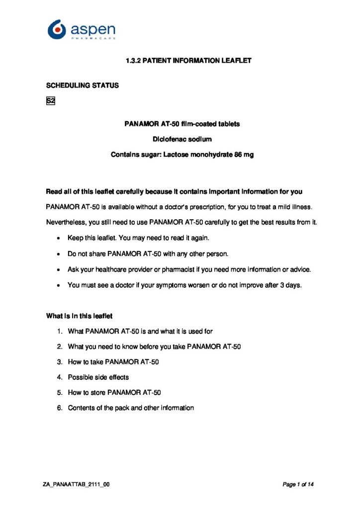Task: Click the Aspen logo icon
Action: [x=57, y=29]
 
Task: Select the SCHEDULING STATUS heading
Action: [x=83, y=85]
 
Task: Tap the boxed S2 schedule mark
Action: [x=50, y=101]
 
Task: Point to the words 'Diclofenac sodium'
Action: [x=182, y=139]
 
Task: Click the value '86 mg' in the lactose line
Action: [x=244, y=155]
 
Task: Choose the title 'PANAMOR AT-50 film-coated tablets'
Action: [x=182, y=124]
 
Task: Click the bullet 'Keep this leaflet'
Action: [x=129, y=239]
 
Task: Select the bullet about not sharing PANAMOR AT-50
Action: [x=148, y=254]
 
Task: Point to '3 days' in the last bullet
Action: [x=292, y=285]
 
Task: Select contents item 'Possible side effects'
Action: [x=98, y=377]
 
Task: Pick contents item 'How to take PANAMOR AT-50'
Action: [x=113, y=362]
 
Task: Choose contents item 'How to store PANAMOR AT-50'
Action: [x=114, y=393]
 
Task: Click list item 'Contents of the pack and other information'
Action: [x=131, y=408]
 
